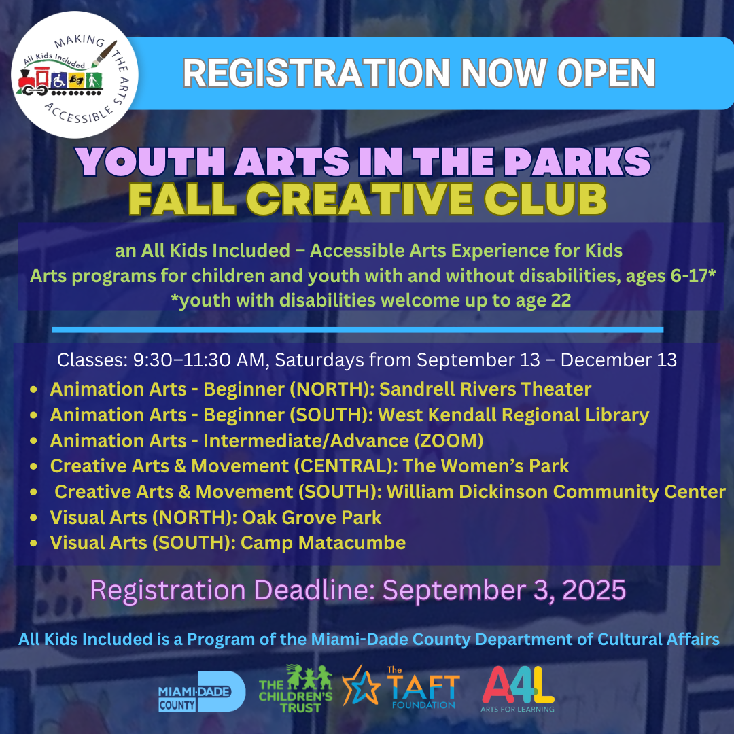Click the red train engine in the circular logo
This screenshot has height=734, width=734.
[33, 81]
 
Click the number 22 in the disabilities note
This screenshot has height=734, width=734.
[561, 300]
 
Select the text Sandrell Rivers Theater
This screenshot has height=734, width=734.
[485, 389]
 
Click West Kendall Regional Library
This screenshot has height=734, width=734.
[514, 415]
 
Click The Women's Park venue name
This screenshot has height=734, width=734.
[486, 466]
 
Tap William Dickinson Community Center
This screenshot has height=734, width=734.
[556, 492]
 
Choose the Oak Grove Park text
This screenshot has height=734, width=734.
[311, 517]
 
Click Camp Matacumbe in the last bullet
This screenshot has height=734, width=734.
[323, 543]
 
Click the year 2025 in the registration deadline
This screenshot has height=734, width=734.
[594, 590]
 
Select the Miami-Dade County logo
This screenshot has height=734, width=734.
[202, 691]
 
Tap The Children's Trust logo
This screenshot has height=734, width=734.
[296, 688]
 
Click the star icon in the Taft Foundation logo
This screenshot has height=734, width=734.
[361, 686]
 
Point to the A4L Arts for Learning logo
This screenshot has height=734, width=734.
[518, 689]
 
